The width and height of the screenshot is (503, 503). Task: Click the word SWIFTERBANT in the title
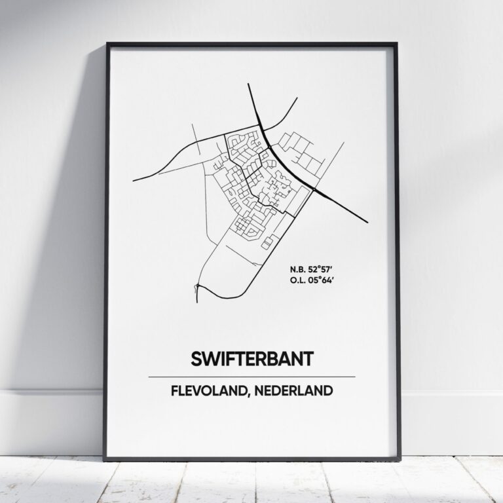click(251, 359)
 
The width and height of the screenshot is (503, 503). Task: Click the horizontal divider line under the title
click(251, 377)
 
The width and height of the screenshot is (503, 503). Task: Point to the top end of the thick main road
click(250, 84)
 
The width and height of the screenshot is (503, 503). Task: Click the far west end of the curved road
click(134, 179)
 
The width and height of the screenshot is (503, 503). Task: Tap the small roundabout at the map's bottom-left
click(197, 286)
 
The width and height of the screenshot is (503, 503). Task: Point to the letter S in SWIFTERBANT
click(195, 359)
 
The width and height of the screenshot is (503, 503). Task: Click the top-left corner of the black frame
click(107, 44)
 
